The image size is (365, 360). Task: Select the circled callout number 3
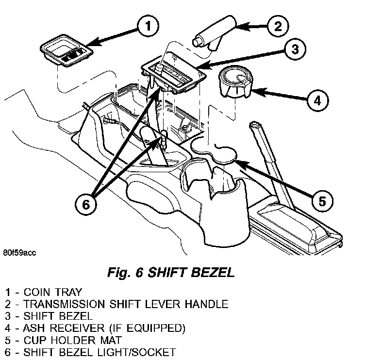[x=295, y=49]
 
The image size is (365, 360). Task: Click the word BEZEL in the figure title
[x=212, y=273]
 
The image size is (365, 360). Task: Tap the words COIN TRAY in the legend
[x=54, y=293]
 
